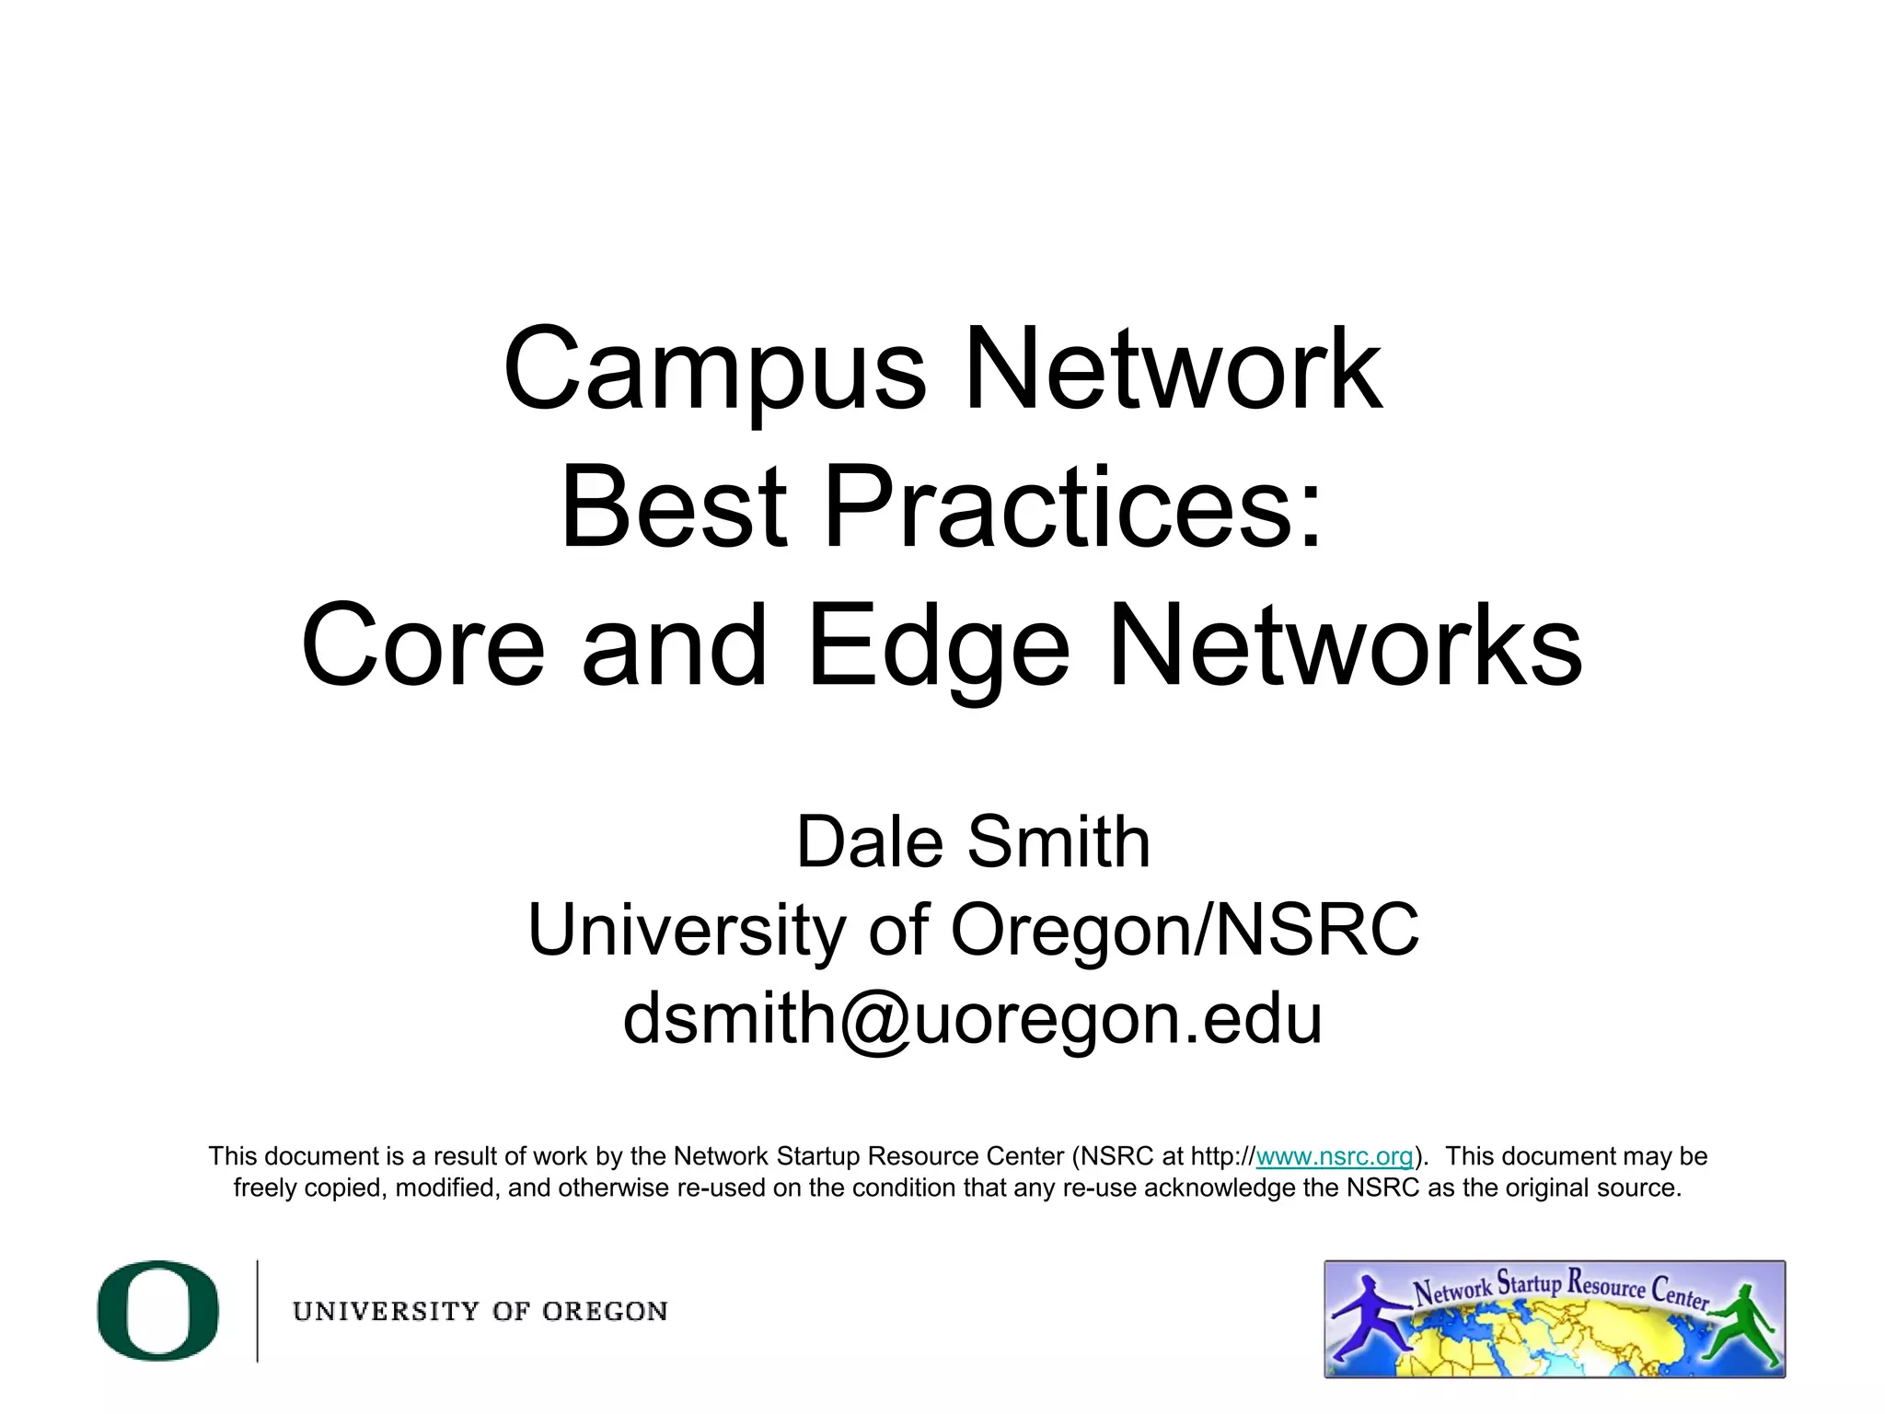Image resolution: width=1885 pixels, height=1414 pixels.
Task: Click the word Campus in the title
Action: tap(714, 370)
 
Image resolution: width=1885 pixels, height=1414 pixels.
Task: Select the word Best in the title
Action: tap(674, 508)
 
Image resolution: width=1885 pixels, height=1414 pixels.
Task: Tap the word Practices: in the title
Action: tap(1073, 508)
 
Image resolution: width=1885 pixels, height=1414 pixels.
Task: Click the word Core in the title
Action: tap(423, 646)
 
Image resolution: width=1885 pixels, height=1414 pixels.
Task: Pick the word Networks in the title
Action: tap(1346, 646)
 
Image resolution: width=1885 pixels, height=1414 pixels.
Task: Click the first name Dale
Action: tap(870, 841)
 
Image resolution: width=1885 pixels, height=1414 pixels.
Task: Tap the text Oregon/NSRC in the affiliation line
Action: tap(1185, 930)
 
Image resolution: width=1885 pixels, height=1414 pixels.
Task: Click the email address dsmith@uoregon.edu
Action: tap(973, 1018)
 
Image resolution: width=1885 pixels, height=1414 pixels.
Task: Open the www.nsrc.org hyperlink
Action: tap(1334, 1156)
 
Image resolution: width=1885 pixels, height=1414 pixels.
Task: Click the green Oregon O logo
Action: tap(158, 1310)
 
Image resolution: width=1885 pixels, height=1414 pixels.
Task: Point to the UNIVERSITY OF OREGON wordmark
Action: tap(480, 1311)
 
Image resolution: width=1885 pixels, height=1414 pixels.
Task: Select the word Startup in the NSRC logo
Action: tap(1529, 1282)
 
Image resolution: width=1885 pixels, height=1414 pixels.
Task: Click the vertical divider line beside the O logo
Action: tap(257, 1310)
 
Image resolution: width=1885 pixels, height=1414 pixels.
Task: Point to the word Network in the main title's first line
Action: tap(1172, 370)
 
